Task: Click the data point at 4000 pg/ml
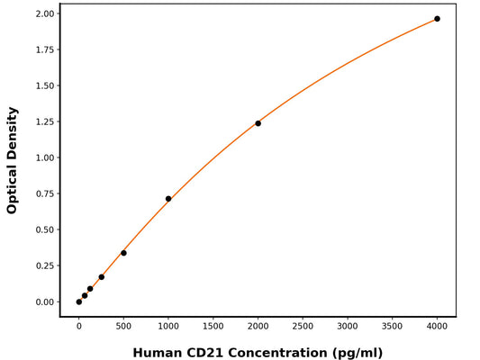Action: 437,19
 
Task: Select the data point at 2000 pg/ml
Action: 258,123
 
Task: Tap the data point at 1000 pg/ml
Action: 168,199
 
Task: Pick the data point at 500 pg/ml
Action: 123,253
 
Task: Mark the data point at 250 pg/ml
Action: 101,277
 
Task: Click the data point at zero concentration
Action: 79,301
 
